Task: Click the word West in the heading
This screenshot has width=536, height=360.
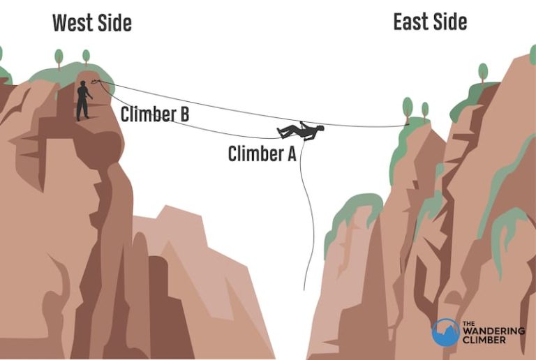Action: coord(72,23)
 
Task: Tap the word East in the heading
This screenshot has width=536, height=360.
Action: coord(412,22)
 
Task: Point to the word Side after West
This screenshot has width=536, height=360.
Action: coord(114,23)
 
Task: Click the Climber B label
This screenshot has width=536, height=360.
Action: coord(155,114)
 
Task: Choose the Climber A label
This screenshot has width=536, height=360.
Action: coord(262,153)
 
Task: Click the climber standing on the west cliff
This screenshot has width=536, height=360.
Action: coord(84,100)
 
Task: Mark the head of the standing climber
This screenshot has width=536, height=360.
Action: coord(82,84)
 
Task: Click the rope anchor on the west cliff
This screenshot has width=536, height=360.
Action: coord(97,82)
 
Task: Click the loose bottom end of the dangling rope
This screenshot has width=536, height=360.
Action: coord(304,288)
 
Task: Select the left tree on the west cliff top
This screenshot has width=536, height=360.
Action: coord(59,57)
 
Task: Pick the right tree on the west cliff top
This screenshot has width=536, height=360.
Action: coord(86,56)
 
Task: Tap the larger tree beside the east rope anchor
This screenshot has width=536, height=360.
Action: coord(408,107)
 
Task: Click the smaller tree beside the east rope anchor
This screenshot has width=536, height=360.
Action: coord(424,110)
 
